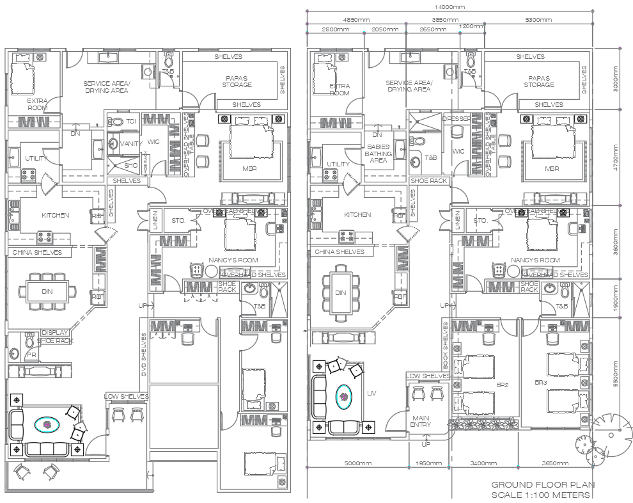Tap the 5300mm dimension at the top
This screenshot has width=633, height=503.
pos(538,20)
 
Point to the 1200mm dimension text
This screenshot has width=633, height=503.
pos(471,26)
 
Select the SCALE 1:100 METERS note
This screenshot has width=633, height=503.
pos(540,495)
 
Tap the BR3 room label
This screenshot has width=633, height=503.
pos(540,382)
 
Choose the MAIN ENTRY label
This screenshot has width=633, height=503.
pos(420,420)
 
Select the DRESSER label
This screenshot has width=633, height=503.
pos(456,119)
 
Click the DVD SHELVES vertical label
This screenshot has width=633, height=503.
pos(144,355)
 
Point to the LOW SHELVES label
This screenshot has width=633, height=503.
pos(127,397)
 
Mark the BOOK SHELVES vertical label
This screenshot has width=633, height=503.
pos(446,343)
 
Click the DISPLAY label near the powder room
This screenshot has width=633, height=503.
pos(55,333)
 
